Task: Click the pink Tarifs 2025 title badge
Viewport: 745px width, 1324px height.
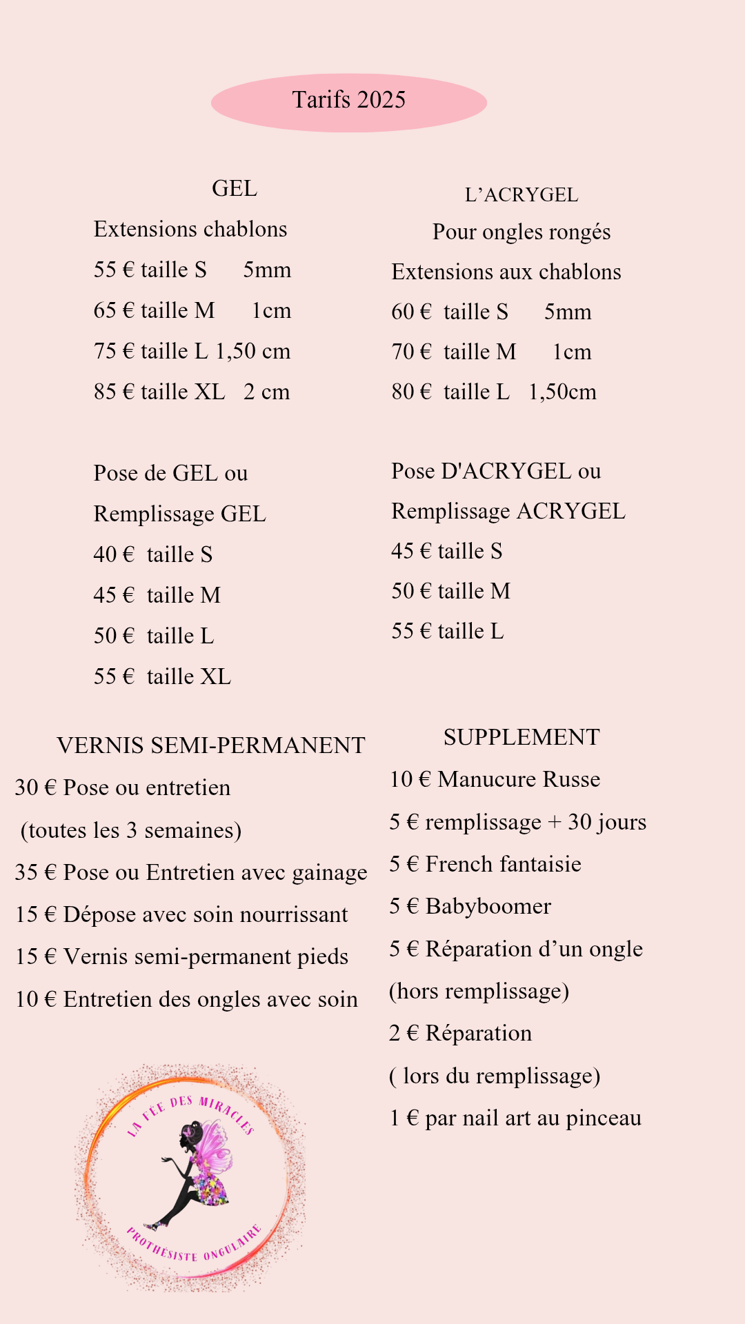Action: tap(349, 102)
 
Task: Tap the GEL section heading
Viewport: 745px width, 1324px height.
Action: tap(235, 188)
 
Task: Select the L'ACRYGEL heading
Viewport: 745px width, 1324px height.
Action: tap(521, 195)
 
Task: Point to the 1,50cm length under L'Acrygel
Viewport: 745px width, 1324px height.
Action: tap(562, 392)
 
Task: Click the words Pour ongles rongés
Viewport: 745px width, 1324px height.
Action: tap(521, 232)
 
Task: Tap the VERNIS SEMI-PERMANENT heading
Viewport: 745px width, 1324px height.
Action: tap(211, 745)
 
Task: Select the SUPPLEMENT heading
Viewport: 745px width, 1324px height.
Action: tap(521, 737)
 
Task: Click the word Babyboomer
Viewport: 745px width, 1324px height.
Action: tap(488, 906)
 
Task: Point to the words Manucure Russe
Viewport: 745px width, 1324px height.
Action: tap(519, 779)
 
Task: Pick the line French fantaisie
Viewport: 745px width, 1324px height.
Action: tap(486, 864)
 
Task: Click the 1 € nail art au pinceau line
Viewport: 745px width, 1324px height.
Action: tap(515, 1118)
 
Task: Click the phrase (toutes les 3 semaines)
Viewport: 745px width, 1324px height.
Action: tap(131, 830)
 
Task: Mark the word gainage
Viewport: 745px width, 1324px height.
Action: tap(330, 873)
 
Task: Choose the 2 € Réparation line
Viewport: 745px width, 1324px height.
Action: tap(461, 1033)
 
